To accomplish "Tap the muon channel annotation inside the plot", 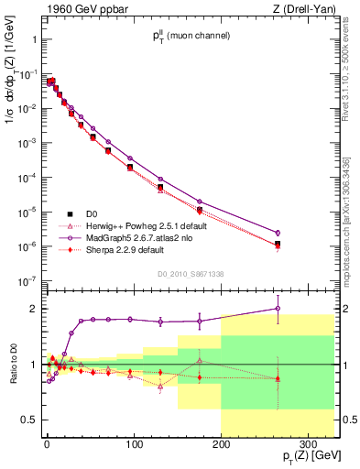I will [x=191, y=36].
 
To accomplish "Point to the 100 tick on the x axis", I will [x=134, y=431].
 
